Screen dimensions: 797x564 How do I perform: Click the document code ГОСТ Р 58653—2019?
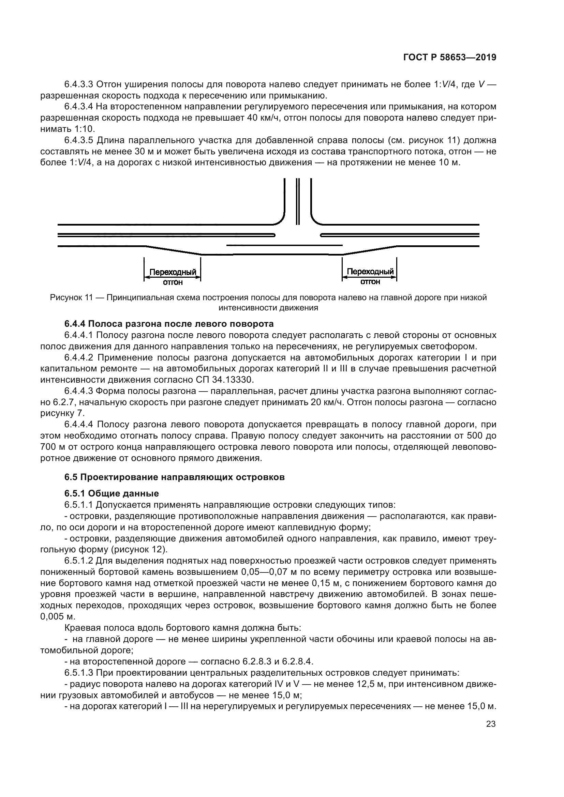449,58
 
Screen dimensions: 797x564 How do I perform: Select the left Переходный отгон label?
173,277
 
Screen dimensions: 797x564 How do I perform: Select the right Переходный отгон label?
370,276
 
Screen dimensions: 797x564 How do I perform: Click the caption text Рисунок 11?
71,297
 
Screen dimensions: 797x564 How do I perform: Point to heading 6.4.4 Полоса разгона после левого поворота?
169,324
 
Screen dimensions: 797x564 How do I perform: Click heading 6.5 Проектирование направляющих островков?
174,477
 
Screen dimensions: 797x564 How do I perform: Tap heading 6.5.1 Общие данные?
112,493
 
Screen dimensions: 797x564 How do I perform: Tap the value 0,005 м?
57,616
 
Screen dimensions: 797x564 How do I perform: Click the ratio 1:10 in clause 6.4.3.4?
84,129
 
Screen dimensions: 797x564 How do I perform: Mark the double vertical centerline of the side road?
298,201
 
